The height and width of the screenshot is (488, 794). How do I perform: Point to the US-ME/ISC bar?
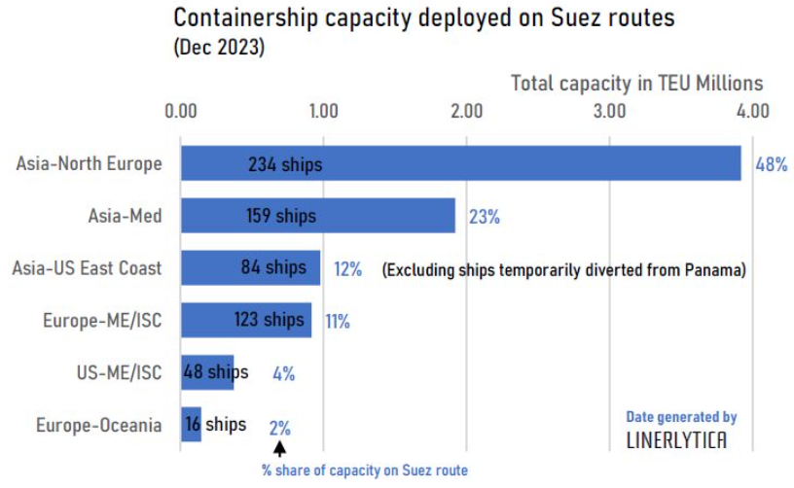click(207, 372)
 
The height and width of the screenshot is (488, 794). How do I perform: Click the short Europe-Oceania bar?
click(191, 425)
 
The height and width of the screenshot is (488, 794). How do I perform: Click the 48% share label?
click(771, 164)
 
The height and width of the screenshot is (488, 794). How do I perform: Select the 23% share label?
click(484, 217)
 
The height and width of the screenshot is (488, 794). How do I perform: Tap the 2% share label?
click(279, 426)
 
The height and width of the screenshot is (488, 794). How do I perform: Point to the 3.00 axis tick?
click(609, 111)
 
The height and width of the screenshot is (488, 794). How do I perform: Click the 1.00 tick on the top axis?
click(323, 111)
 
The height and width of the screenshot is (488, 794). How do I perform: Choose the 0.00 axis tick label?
click(181, 111)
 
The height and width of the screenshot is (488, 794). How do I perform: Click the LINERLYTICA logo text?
click(676, 440)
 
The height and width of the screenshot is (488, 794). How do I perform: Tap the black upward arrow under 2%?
click(280, 448)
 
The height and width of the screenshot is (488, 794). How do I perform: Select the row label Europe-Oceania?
click(99, 425)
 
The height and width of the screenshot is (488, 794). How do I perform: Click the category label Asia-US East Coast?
click(87, 268)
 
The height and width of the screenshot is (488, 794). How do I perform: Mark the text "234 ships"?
click(284, 164)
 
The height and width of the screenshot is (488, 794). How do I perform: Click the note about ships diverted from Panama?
click(563, 269)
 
